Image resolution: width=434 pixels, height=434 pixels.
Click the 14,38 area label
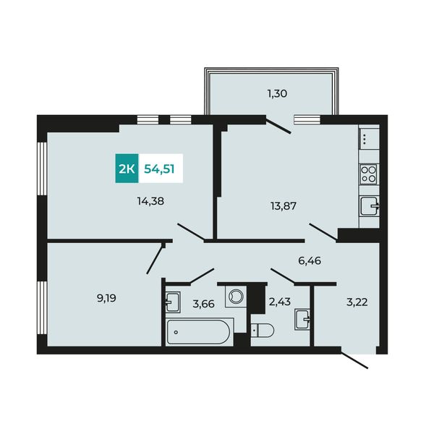[x=150, y=201]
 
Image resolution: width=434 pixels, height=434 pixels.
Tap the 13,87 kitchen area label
[x=284, y=206]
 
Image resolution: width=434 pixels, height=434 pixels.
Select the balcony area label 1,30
[x=277, y=93]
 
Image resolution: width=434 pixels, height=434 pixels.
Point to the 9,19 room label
[x=106, y=298]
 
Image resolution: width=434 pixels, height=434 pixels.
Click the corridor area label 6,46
[x=310, y=260]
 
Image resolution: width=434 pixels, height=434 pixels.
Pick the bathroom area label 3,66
[x=204, y=304]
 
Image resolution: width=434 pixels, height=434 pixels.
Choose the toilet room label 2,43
[x=279, y=302]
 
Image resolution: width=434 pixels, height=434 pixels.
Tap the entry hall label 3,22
[x=357, y=302]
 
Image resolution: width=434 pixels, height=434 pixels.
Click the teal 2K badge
[x=127, y=169]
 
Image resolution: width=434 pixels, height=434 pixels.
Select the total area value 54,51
[x=159, y=169]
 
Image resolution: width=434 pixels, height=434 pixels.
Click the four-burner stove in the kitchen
[x=369, y=174]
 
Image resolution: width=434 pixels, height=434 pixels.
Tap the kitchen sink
[x=370, y=205]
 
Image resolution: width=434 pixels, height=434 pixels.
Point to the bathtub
[x=197, y=332]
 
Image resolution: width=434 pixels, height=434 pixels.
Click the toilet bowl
[x=263, y=330]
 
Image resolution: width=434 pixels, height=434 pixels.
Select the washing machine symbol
[x=236, y=297]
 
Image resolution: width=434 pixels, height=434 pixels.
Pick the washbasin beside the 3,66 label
[x=173, y=302]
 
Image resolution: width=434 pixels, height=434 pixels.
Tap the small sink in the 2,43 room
[x=302, y=320]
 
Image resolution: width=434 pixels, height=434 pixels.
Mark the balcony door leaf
[x=278, y=126]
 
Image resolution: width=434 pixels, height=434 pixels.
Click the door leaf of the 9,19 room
[x=155, y=260]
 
